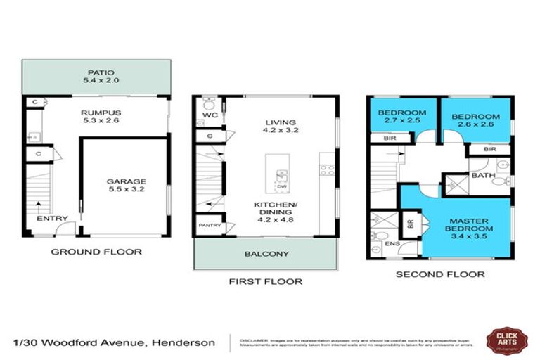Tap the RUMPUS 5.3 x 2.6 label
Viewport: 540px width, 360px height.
tap(95, 114)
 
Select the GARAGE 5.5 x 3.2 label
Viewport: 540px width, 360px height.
tap(125, 184)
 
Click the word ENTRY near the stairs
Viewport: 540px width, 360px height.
tap(53, 219)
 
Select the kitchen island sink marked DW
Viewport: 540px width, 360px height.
tap(280, 176)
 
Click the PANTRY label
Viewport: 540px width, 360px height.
tap(210, 225)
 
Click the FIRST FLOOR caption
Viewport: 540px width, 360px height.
tap(266, 281)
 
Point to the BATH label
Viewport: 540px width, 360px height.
tap(483, 175)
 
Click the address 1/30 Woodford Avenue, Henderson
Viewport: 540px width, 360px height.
tap(115, 342)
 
